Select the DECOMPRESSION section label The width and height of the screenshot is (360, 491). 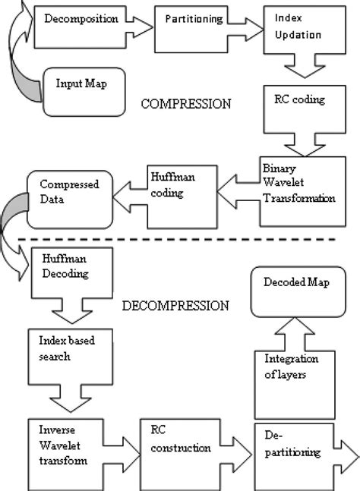(175, 306)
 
